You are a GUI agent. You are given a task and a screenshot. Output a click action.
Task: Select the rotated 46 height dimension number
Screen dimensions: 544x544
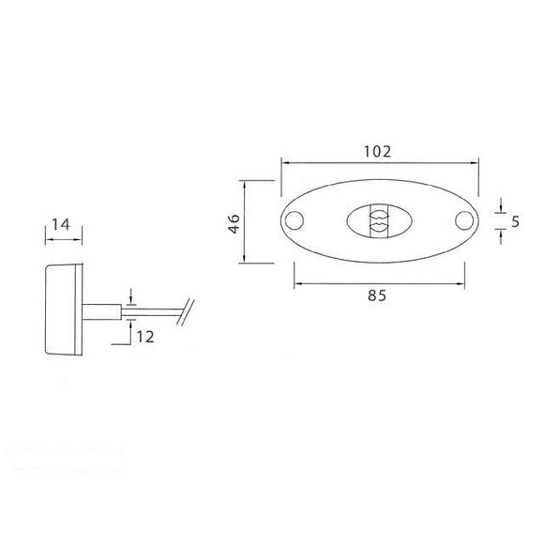pyautogui.click(x=234, y=222)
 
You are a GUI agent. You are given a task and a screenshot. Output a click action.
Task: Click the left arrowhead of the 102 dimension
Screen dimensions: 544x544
pyautogui.click(x=284, y=162)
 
